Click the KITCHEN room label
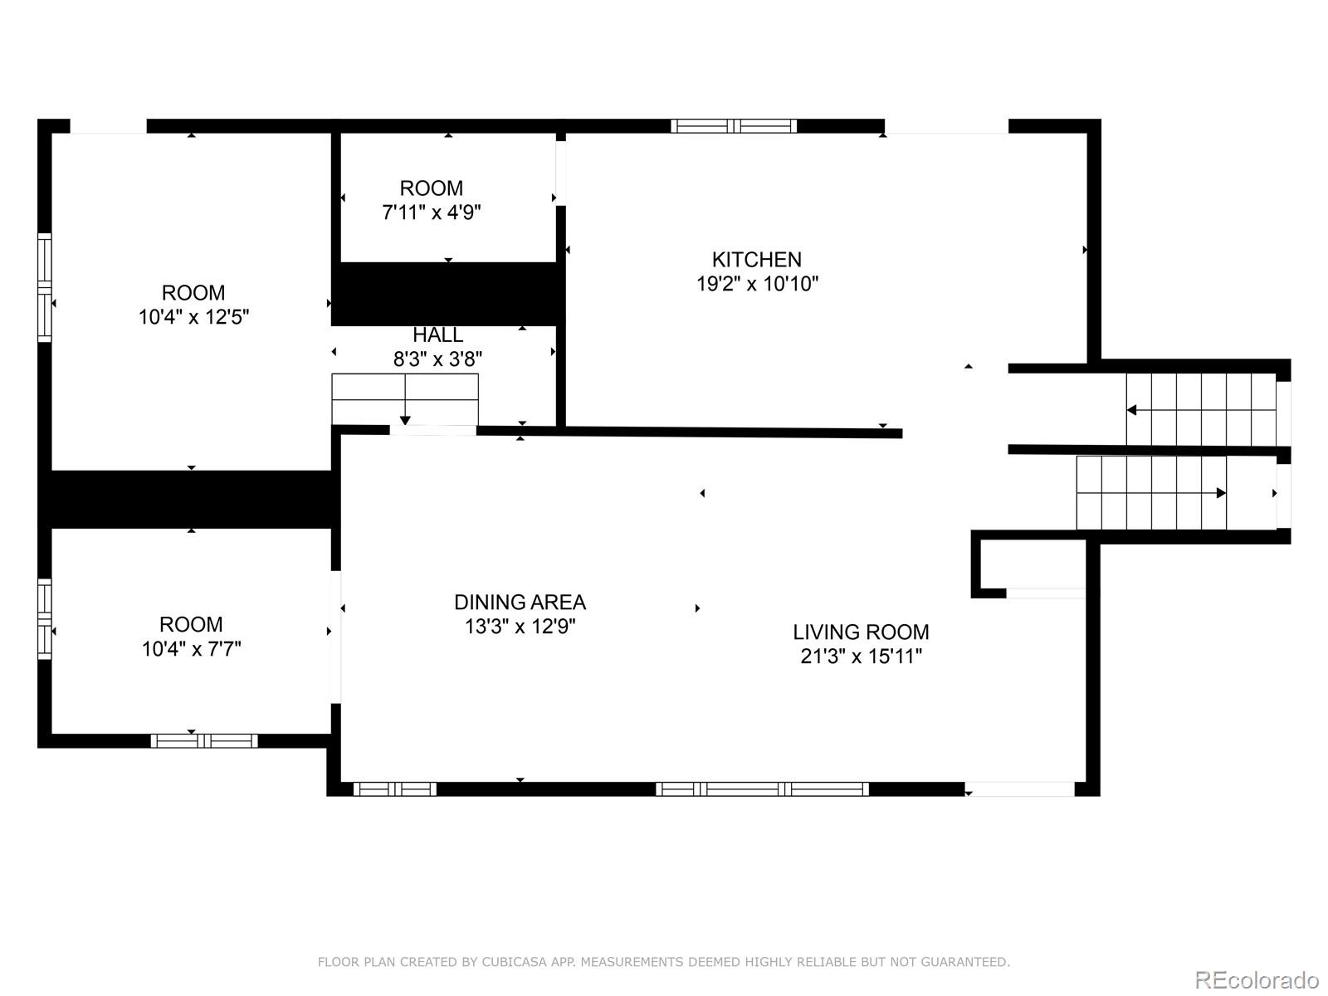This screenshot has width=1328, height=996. [x=756, y=259]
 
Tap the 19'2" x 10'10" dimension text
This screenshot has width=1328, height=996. [x=756, y=284]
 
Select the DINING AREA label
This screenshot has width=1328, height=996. [x=520, y=602]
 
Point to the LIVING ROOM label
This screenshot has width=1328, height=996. [x=861, y=632]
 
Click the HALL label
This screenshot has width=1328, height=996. [x=437, y=335]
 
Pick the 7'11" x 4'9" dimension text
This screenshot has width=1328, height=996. [x=431, y=212]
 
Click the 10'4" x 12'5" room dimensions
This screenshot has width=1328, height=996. [x=193, y=317]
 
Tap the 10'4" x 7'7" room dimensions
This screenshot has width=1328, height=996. [x=191, y=649]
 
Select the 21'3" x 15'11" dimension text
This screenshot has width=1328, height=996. [x=861, y=657]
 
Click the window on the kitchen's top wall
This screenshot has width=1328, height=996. [x=734, y=126]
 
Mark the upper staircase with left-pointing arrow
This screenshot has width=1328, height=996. [x=1200, y=409]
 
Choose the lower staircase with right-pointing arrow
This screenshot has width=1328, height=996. [x=1151, y=492]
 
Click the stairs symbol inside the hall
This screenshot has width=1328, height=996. [x=405, y=399]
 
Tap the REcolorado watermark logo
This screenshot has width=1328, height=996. [x=1256, y=979]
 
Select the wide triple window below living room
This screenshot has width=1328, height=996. [x=762, y=788]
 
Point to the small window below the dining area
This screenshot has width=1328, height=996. [x=394, y=788]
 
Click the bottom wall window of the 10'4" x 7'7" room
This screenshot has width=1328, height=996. [x=204, y=740]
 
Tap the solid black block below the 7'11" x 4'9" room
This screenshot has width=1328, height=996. [x=448, y=294]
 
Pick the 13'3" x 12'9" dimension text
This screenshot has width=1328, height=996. [x=520, y=627]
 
